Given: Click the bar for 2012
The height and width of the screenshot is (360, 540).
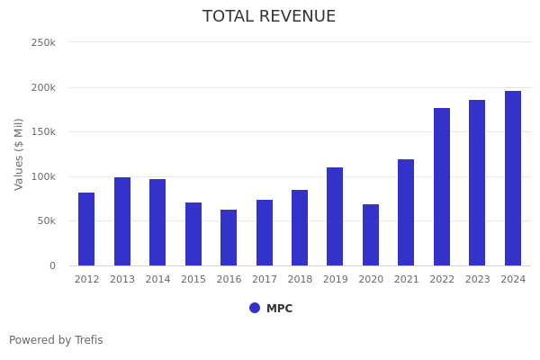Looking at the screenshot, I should (x=86, y=229).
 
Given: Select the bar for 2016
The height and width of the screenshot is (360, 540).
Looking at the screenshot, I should (x=229, y=238).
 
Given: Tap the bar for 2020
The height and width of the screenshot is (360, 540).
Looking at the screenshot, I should (x=371, y=235).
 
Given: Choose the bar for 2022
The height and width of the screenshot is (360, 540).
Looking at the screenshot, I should (x=442, y=186).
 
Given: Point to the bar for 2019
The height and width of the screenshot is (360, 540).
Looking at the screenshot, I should (x=335, y=216).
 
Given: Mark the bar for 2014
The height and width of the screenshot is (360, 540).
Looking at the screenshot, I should (x=157, y=222).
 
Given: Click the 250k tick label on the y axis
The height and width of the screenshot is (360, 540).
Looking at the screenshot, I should (x=43, y=42).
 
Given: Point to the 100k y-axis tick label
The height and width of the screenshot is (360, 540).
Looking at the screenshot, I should (x=43, y=176).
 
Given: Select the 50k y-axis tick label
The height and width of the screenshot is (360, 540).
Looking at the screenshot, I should (x=46, y=220).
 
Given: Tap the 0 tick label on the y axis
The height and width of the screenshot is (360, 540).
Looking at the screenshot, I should (x=52, y=265).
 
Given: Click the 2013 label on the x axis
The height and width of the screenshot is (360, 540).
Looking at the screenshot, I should (x=122, y=280).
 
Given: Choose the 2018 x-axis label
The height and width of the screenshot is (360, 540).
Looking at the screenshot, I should (x=300, y=280).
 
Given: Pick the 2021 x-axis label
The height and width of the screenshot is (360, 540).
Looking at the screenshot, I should (x=407, y=280).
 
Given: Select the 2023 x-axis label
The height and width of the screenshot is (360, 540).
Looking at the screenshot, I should (x=478, y=280).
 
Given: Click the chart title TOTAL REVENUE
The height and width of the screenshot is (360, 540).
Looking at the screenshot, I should (x=269, y=17).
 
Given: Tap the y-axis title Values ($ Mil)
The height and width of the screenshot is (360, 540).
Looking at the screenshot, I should (x=19, y=154).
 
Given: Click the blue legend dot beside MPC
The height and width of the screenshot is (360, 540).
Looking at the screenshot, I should (x=255, y=308).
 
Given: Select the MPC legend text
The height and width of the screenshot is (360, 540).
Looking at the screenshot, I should (x=279, y=309).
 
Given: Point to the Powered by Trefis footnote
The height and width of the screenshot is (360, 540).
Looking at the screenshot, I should (x=56, y=340).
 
